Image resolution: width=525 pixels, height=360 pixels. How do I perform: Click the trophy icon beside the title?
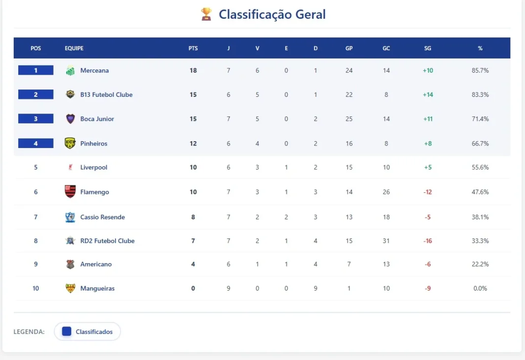click(x=206, y=14)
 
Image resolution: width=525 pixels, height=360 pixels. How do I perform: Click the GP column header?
click(x=349, y=48)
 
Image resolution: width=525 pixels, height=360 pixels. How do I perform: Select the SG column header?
click(x=428, y=48)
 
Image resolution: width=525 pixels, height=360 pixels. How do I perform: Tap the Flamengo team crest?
click(x=70, y=192)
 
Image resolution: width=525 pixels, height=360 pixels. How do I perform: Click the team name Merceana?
click(x=94, y=70)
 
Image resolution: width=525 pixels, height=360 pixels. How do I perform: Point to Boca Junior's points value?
click(x=193, y=119)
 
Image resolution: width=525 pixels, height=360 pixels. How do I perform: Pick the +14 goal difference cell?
click(x=428, y=94)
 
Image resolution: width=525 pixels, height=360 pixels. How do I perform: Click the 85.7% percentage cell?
click(x=480, y=70)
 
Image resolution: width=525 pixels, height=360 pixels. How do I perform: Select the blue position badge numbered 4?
click(x=35, y=143)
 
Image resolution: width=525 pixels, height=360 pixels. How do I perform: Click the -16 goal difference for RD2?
click(x=428, y=240)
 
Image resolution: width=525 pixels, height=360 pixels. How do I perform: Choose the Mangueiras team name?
click(x=97, y=288)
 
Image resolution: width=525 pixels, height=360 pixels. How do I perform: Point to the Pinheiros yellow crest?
click(x=70, y=143)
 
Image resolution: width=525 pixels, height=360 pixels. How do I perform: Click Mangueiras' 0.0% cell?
click(x=480, y=288)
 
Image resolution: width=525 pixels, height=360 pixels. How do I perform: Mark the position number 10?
click(x=35, y=288)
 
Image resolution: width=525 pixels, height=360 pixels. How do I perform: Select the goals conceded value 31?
click(x=386, y=240)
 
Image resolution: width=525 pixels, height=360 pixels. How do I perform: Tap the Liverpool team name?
click(x=93, y=167)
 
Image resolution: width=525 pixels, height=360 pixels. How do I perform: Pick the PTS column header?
click(x=193, y=48)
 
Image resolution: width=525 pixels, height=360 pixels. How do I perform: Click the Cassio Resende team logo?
click(x=70, y=217)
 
